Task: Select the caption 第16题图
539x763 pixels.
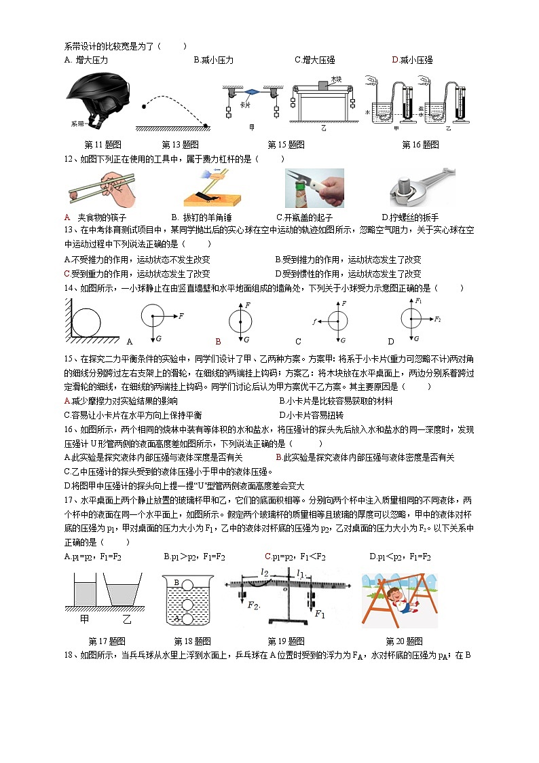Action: tap(420, 145)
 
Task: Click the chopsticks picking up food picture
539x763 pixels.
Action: tap(101, 188)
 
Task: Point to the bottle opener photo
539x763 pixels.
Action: tap(314, 188)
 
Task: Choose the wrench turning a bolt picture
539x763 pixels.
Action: tap(419, 188)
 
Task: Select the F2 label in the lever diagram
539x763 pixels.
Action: tap(254, 603)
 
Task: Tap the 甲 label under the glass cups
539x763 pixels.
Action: tap(85, 620)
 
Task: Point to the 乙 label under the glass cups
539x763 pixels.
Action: tap(127, 620)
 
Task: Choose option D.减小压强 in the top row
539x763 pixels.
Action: tap(412, 60)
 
